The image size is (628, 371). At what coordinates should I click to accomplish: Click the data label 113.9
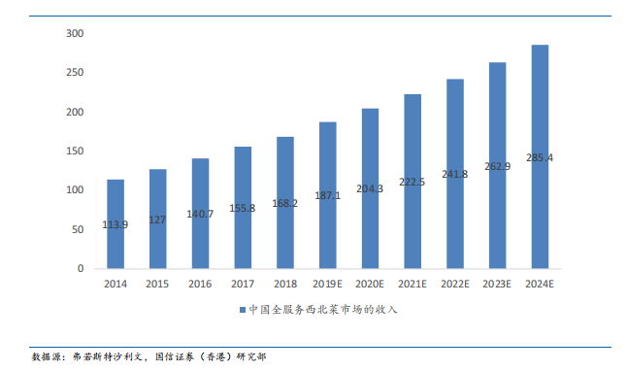coord(116,224)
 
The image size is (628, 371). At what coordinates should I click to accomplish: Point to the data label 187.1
coord(327,195)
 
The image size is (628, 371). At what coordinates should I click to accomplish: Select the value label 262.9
coord(497,166)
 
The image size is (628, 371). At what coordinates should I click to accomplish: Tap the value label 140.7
coord(200,214)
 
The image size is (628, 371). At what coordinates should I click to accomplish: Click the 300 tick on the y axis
coord(76,34)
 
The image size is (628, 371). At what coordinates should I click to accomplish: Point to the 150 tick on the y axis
coord(76,152)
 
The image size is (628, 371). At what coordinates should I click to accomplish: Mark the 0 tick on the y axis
coord(81,268)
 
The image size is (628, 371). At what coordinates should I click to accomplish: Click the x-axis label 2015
coord(157,284)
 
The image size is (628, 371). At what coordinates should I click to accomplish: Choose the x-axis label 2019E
coord(327,284)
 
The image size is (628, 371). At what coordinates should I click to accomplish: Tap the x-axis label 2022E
coord(454,284)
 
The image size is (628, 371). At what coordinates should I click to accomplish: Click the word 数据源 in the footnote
coord(48,356)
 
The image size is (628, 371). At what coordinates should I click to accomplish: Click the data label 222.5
coord(413,182)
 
